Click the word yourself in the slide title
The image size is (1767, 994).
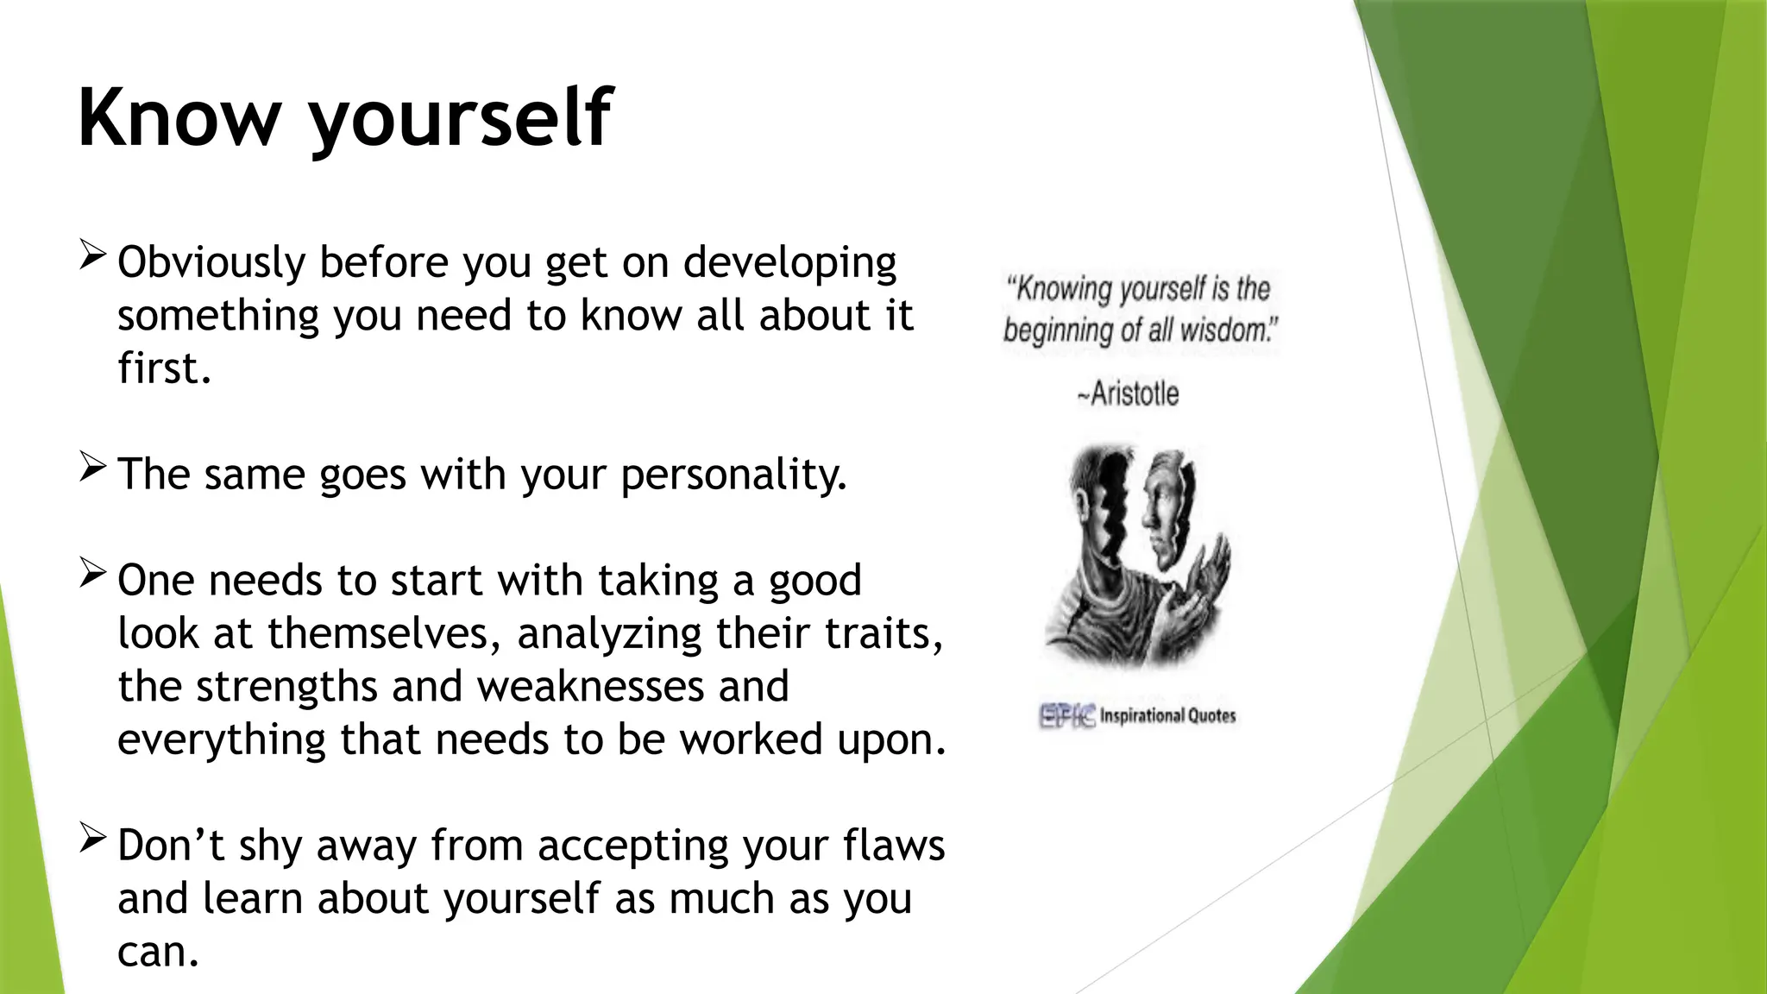(x=460, y=121)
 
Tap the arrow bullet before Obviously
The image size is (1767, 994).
(x=92, y=255)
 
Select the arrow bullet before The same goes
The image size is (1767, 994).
(x=92, y=468)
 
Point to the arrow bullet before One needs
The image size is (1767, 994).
(x=92, y=574)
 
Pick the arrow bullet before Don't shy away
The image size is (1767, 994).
(x=92, y=839)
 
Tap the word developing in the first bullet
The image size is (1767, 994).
(x=789, y=263)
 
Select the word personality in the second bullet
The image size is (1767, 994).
(x=733, y=475)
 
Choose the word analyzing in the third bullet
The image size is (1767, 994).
(x=609, y=634)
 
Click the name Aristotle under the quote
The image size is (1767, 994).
(x=1133, y=394)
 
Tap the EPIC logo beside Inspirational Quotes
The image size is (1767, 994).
(x=1067, y=715)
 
